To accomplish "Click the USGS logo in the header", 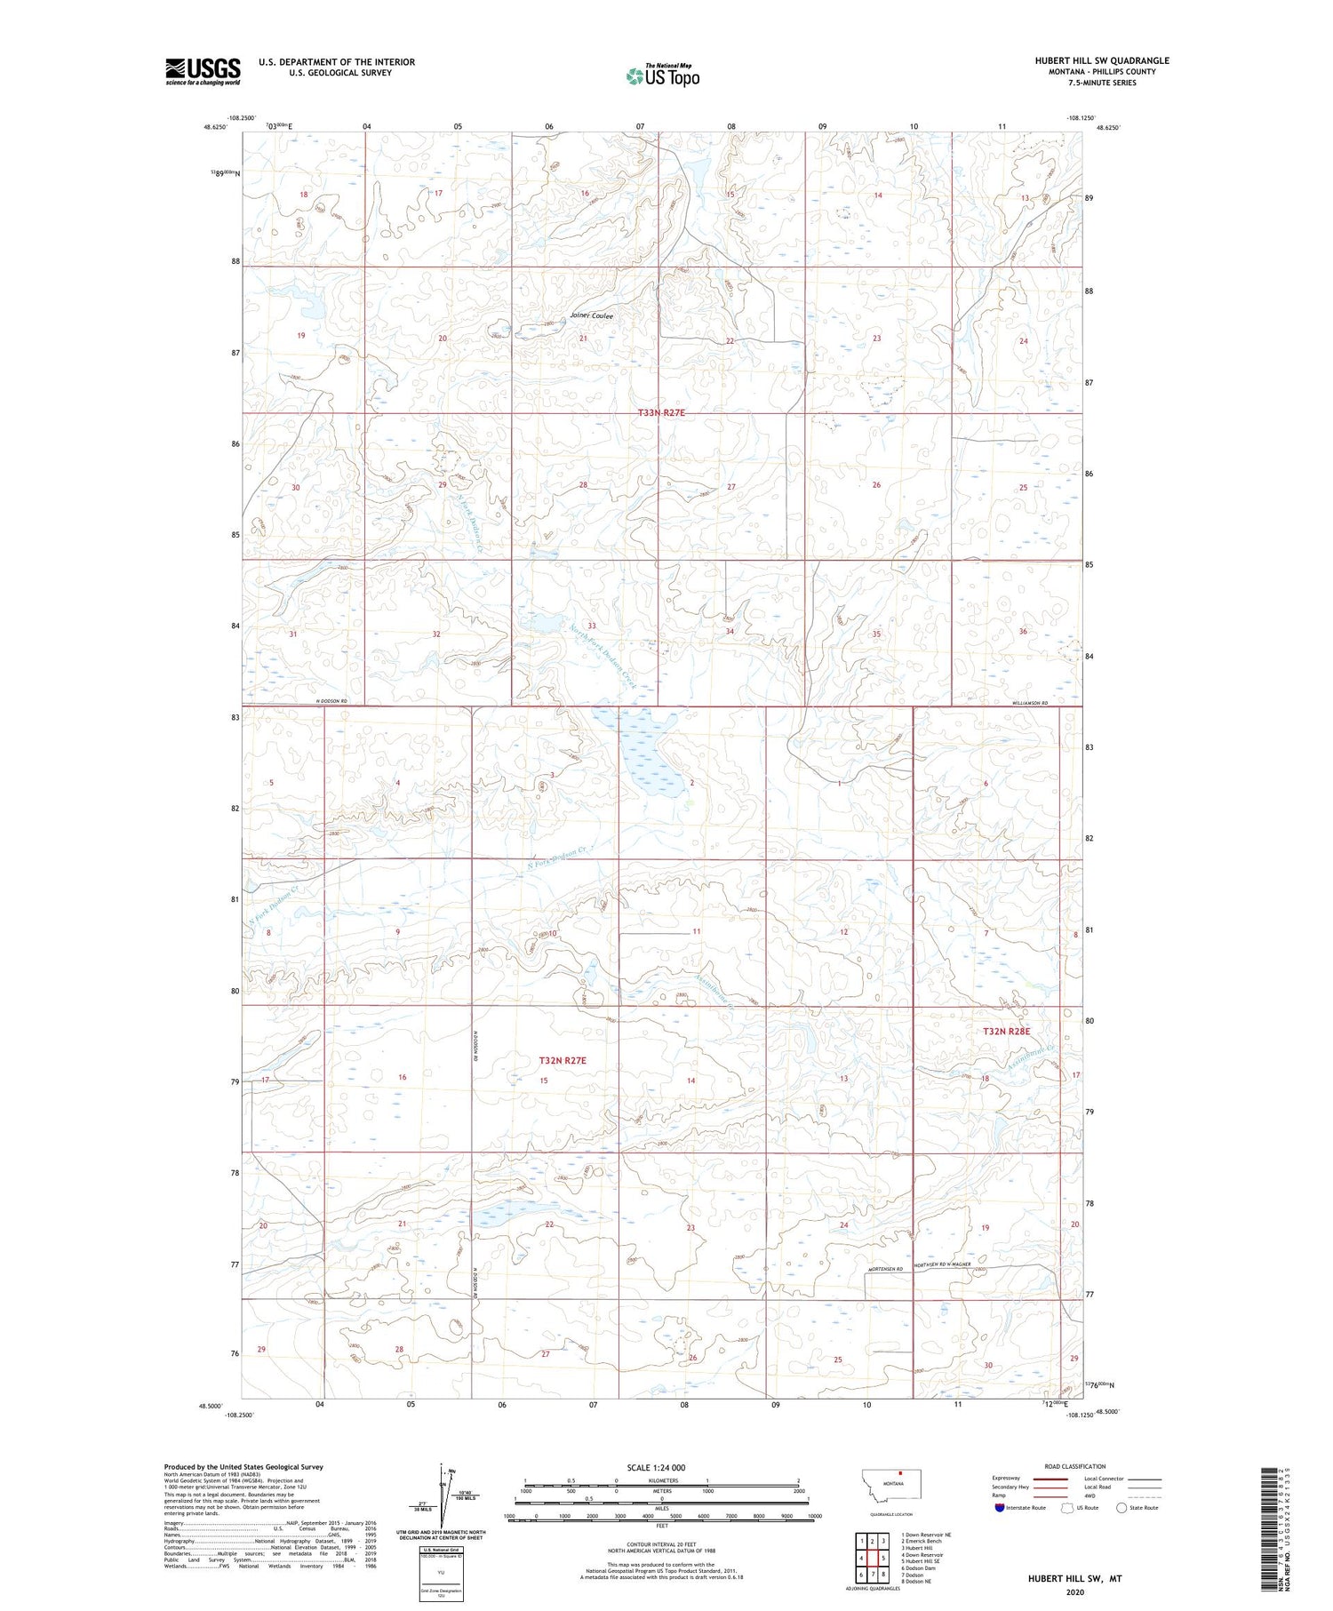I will [x=203, y=71].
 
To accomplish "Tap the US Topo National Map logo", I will [x=662, y=76].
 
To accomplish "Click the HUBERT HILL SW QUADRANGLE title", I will [x=1101, y=60].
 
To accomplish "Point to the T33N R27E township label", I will [x=662, y=413].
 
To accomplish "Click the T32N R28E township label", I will [x=1006, y=1032].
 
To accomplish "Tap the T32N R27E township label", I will [x=563, y=1061].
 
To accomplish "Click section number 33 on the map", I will [x=591, y=626].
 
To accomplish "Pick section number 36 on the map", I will [x=1023, y=632].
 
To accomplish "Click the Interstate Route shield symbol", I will [x=1000, y=1508].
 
